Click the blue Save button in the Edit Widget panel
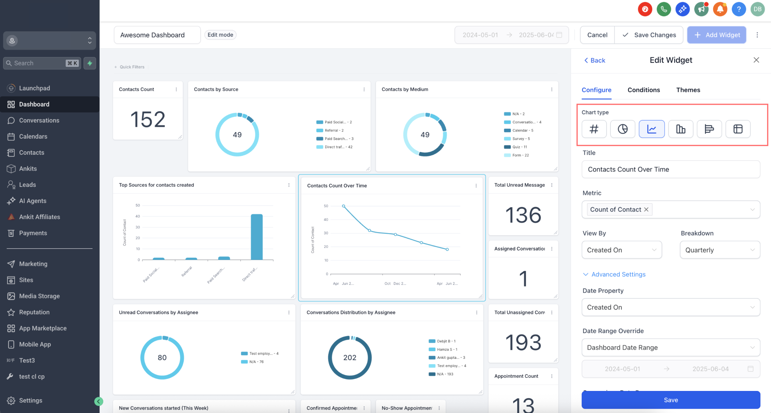pos(671,400)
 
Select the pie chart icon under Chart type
pos(623,129)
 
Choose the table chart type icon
pos(738,129)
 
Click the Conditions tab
pos(644,90)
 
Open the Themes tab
pos(688,90)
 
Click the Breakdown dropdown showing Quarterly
pos(719,250)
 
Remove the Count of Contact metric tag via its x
pos(646,210)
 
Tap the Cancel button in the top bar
pos(597,35)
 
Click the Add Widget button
pos(716,35)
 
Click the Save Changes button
pos(649,35)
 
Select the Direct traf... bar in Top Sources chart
pos(257,237)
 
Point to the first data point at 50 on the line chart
pos(343,206)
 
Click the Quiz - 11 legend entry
pos(520,147)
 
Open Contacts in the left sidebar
pos(32,153)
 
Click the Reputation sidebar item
pos(34,312)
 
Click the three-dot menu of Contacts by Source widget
pos(364,90)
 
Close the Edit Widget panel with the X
pos(756,60)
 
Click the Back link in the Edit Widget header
pos(595,60)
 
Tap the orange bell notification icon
pos(720,9)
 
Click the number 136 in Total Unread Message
pos(523,215)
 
